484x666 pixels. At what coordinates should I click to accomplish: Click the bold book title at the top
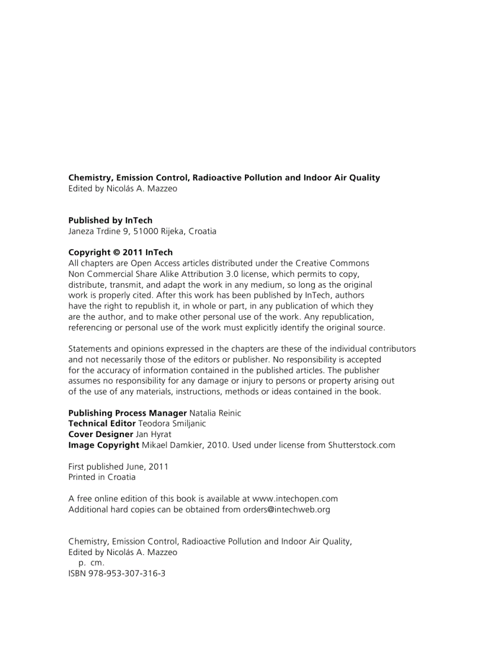224,177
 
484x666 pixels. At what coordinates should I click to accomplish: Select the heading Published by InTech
110,220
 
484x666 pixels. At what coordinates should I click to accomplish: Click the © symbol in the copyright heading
116,253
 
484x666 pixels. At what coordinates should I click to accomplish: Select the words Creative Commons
332,263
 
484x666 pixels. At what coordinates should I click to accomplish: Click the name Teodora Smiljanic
172,423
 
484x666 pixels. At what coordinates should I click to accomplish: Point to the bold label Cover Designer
100,434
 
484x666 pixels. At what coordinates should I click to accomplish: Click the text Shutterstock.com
361,445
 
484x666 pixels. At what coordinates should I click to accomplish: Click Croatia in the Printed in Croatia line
121,477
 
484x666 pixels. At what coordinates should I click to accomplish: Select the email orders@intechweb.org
286,509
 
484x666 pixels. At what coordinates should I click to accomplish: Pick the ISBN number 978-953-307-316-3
127,574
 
